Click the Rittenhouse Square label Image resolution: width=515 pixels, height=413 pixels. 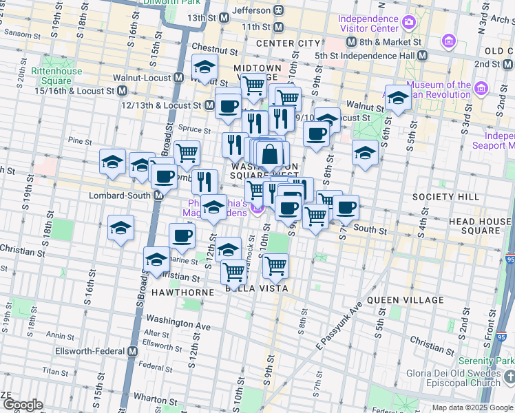coord(56,76)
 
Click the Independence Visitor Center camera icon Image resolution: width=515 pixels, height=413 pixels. coord(409,23)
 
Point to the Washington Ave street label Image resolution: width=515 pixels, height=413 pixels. coord(178,321)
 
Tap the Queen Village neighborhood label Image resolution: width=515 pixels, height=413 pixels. coord(406,300)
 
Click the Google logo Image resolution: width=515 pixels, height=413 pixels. coord(23,405)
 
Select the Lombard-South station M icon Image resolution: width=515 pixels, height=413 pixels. coord(158,195)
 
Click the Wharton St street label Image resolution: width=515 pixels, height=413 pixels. coord(151,398)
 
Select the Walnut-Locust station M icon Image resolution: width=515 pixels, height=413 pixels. coord(178,78)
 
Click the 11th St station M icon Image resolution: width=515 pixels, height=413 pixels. coord(279,27)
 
